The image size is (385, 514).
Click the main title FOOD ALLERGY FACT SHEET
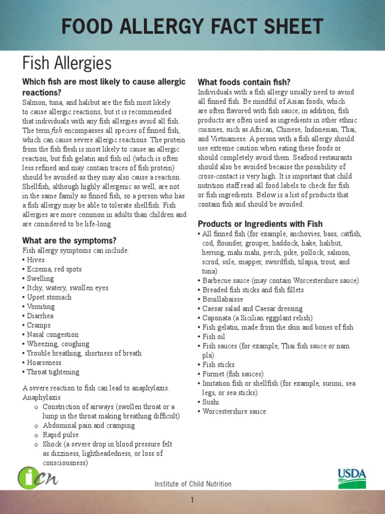(192, 26)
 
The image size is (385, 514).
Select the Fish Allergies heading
(67, 63)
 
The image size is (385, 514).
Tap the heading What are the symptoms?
(69, 240)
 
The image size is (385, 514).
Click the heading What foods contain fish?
(244, 82)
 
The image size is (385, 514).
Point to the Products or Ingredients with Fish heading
(260, 224)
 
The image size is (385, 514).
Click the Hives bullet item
(35, 260)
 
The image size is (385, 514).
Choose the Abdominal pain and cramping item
(89, 425)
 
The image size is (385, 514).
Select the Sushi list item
(211, 402)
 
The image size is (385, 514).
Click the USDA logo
(351, 479)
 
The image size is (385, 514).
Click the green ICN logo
(38, 477)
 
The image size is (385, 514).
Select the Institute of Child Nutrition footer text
(193, 484)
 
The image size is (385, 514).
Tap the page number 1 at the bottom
(192, 500)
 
